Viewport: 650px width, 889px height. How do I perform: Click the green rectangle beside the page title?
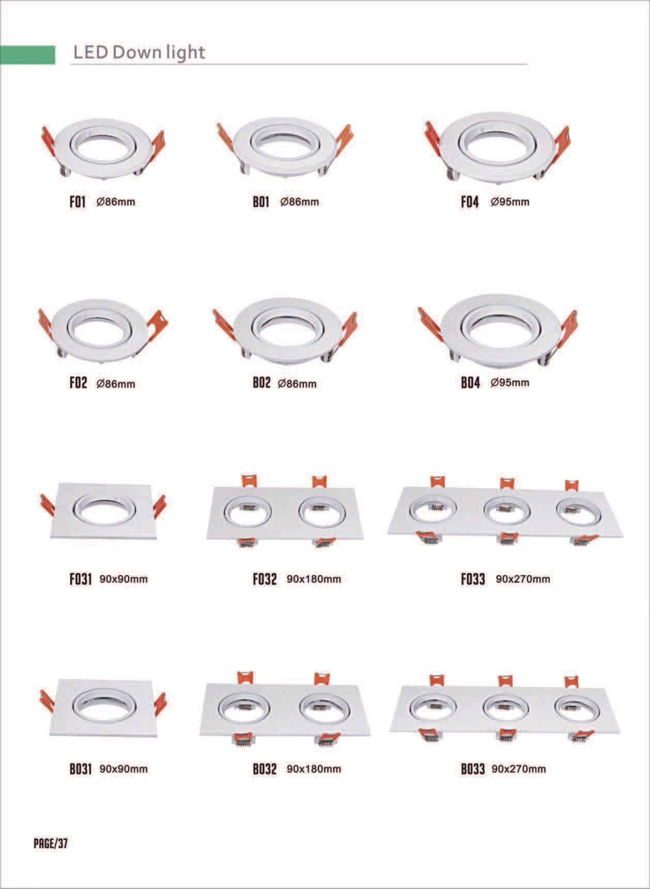[x=28, y=55]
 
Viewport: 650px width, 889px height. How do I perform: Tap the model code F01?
[x=78, y=202]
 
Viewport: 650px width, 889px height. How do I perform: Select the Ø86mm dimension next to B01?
[x=299, y=202]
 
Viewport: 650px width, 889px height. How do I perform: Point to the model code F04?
[x=470, y=202]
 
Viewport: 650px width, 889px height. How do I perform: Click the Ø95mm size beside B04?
[x=509, y=383]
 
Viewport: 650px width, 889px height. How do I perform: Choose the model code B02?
[x=261, y=383]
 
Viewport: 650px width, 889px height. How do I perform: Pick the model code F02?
[x=78, y=383]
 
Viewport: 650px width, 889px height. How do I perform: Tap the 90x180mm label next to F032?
[x=314, y=579]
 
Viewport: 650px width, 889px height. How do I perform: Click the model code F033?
[x=473, y=579]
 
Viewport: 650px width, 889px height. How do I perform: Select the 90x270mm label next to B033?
[x=518, y=769]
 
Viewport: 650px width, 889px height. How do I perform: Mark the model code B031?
[x=81, y=769]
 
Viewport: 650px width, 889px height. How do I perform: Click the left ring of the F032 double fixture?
[x=247, y=513]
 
